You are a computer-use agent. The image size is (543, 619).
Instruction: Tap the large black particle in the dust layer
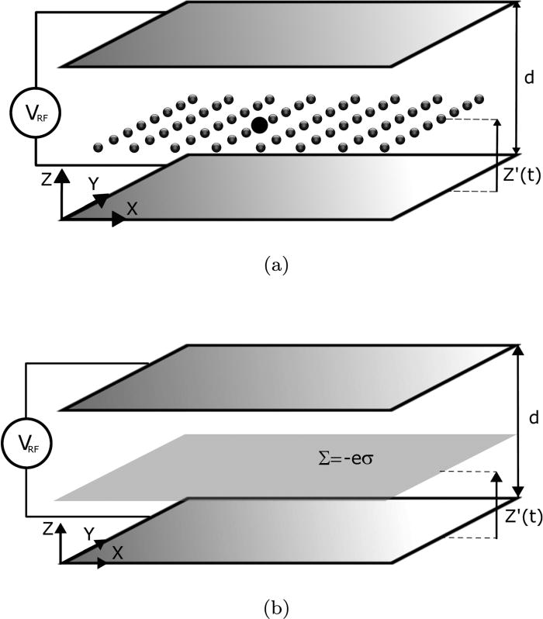point(260,124)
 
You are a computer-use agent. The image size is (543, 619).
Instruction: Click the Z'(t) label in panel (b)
point(521,518)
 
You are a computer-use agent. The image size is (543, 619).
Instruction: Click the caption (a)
point(277,266)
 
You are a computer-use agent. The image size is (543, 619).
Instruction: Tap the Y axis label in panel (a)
point(93,183)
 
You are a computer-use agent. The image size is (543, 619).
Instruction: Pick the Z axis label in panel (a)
point(47,180)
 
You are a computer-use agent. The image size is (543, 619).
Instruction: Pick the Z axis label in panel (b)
point(47,530)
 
